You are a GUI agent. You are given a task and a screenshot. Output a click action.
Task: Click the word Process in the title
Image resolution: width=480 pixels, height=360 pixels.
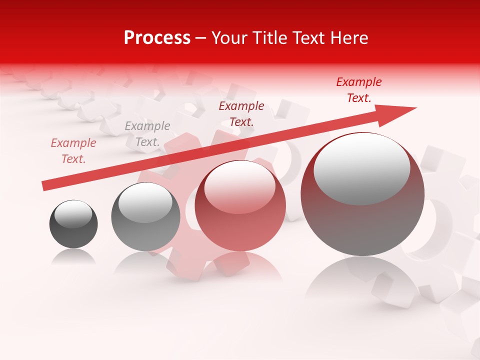coord(157,37)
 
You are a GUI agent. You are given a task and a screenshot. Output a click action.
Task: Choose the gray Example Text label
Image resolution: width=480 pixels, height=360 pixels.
coord(147,134)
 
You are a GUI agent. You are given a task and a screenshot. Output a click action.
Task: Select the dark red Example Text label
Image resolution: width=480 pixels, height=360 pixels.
coord(241,114)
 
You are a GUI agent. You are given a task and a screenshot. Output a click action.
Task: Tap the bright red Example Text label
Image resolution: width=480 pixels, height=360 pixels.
coord(359,90)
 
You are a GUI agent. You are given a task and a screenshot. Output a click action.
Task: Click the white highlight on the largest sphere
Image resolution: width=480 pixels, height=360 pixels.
coord(361,167)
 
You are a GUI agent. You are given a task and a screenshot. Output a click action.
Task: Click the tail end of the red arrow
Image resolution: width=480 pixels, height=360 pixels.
coord(46,186)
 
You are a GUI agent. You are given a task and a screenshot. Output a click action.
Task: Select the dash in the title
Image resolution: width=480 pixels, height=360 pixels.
coord(201,37)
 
